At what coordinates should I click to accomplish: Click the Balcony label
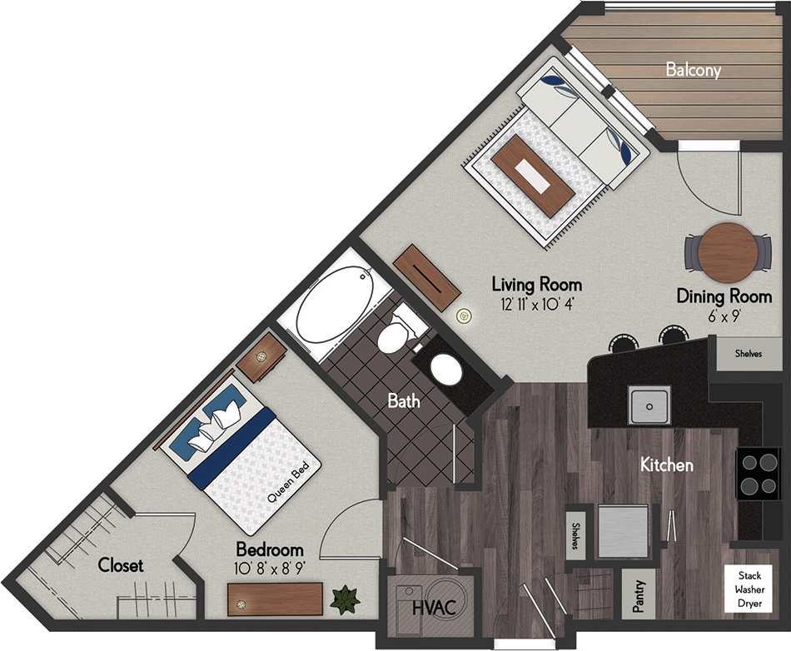[x=693, y=70]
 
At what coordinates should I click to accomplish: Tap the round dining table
[x=725, y=251]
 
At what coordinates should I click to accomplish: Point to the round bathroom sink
[x=447, y=369]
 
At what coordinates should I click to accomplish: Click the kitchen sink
[x=650, y=405]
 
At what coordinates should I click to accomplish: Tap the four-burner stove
[x=758, y=473]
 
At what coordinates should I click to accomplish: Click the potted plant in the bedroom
[x=344, y=599]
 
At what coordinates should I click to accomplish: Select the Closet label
[x=121, y=565]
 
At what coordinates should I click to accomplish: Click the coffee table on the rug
[x=532, y=175]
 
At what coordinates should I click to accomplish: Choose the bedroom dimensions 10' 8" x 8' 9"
[x=269, y=569]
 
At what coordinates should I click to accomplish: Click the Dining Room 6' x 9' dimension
[x=723, y=316]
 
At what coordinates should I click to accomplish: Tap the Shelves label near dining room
[x=748, y=354]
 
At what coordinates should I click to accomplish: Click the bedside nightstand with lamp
[x=261, y=356]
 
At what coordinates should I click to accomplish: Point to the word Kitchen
[x=666, y=465]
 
